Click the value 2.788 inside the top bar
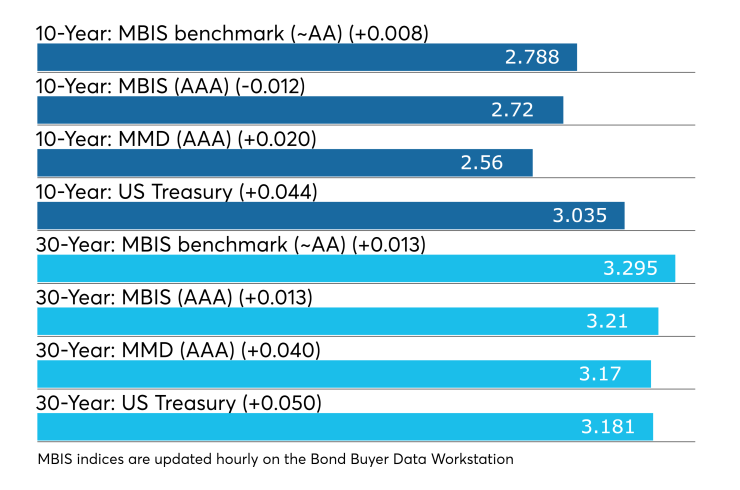coord(532,57)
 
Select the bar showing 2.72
coord(300,110)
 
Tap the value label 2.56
coord(482,163)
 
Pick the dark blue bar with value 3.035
coord(331,216)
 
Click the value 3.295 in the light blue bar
coord(630,269)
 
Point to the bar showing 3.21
coord(348,321)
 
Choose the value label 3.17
coord(600,374)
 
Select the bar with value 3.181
coord(345,427)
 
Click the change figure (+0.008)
coord(388,34)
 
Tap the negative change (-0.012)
coord(270,86)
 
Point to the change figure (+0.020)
coord(277,139)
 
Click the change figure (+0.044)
coord(278,192)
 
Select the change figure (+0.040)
coord(281,351)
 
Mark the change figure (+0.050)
coord(282,404)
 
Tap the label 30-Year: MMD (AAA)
coord(135,351)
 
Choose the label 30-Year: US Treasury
coord(136,404)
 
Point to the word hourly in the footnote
coord(237,460)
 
